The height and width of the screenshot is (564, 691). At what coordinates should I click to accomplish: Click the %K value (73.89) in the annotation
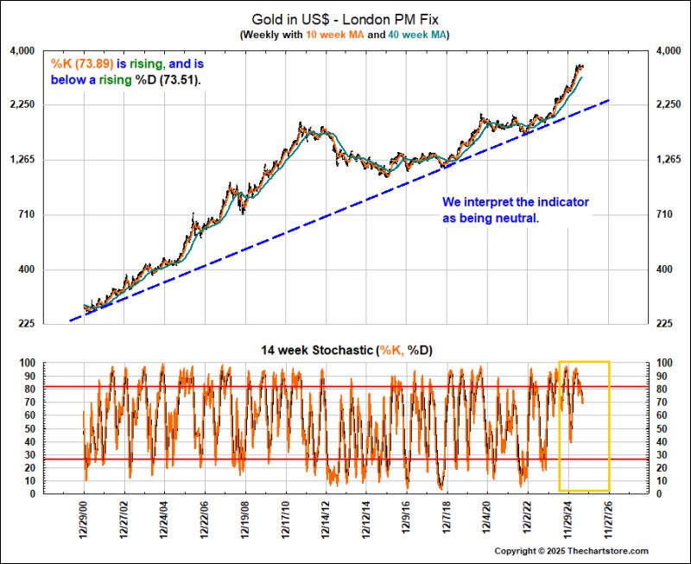92,64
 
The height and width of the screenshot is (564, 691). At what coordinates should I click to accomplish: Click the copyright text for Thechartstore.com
571,551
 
